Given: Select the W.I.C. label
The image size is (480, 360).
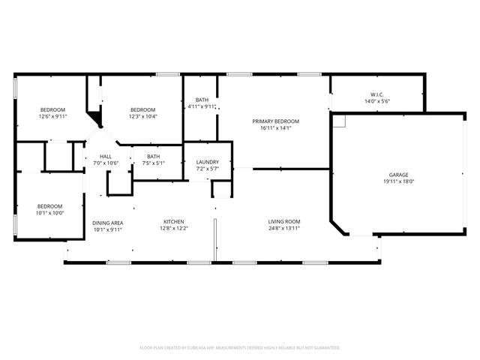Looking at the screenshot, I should point(377,94).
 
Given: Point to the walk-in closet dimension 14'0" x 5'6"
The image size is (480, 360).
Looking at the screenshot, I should point(377,101).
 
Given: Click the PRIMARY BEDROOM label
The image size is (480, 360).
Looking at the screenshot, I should point(275,121).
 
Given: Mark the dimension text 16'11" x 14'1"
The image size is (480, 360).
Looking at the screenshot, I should point(275,127).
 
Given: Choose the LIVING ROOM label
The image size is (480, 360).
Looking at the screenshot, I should point(284,221).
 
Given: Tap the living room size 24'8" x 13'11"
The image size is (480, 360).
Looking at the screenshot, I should point(284,229).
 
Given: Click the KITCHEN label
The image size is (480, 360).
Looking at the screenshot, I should point(174,221).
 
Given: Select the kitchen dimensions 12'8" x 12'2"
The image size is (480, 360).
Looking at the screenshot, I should point(174,229).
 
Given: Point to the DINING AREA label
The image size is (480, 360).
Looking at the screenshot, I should point(107,223).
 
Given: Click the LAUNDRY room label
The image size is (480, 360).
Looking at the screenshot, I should point(208,162).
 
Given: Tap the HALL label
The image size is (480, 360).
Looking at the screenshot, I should point(106,156).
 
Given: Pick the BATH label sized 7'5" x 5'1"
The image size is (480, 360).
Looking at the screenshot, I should point(153,156).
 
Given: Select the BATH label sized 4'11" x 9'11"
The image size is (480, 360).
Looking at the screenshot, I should point(202,100).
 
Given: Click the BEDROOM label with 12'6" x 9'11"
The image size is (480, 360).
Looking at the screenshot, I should point(52,109).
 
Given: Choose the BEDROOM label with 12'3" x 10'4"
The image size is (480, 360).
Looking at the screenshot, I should point(142,109).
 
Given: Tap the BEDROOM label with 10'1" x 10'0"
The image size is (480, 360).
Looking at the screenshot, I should point(50,205).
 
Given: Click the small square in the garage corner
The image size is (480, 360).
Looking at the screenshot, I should point(339,121).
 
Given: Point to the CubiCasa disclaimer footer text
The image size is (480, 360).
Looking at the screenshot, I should point(240,347).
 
